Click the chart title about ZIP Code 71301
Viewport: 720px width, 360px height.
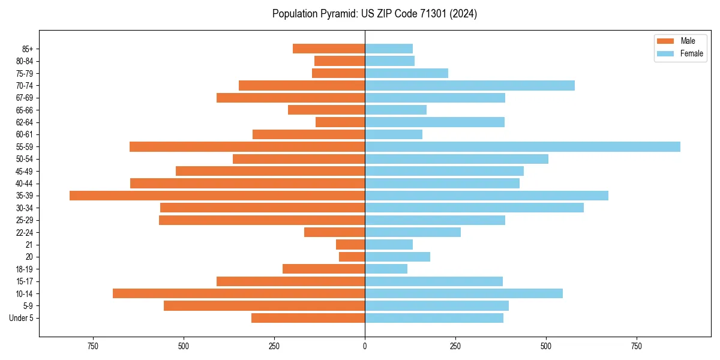pos(374,14)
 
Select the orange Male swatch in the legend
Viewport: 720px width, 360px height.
pos(665,41)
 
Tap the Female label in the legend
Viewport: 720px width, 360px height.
pos(691,53)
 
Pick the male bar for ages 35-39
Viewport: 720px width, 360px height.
pos(217,196)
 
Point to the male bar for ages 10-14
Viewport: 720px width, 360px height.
pos(239,293)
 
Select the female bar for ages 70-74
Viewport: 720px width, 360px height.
pos(469,85)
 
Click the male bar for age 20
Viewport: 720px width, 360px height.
pos(352,257)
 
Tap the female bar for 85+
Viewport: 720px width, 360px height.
pos(389,49)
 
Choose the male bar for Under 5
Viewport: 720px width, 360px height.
pos(308,318)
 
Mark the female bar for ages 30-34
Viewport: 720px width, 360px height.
pos(474,208)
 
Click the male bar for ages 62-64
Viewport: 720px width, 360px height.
pos(340,122)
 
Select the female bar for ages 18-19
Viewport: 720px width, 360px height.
pos(386,269)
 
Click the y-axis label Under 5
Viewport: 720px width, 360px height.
pos(21,318)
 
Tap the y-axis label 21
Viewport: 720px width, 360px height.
pos(29,245)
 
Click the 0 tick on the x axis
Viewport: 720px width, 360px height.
pos(365,346)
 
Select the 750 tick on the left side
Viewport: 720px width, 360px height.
pos(92,346)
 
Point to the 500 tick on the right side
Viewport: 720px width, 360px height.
pos(546,346)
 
